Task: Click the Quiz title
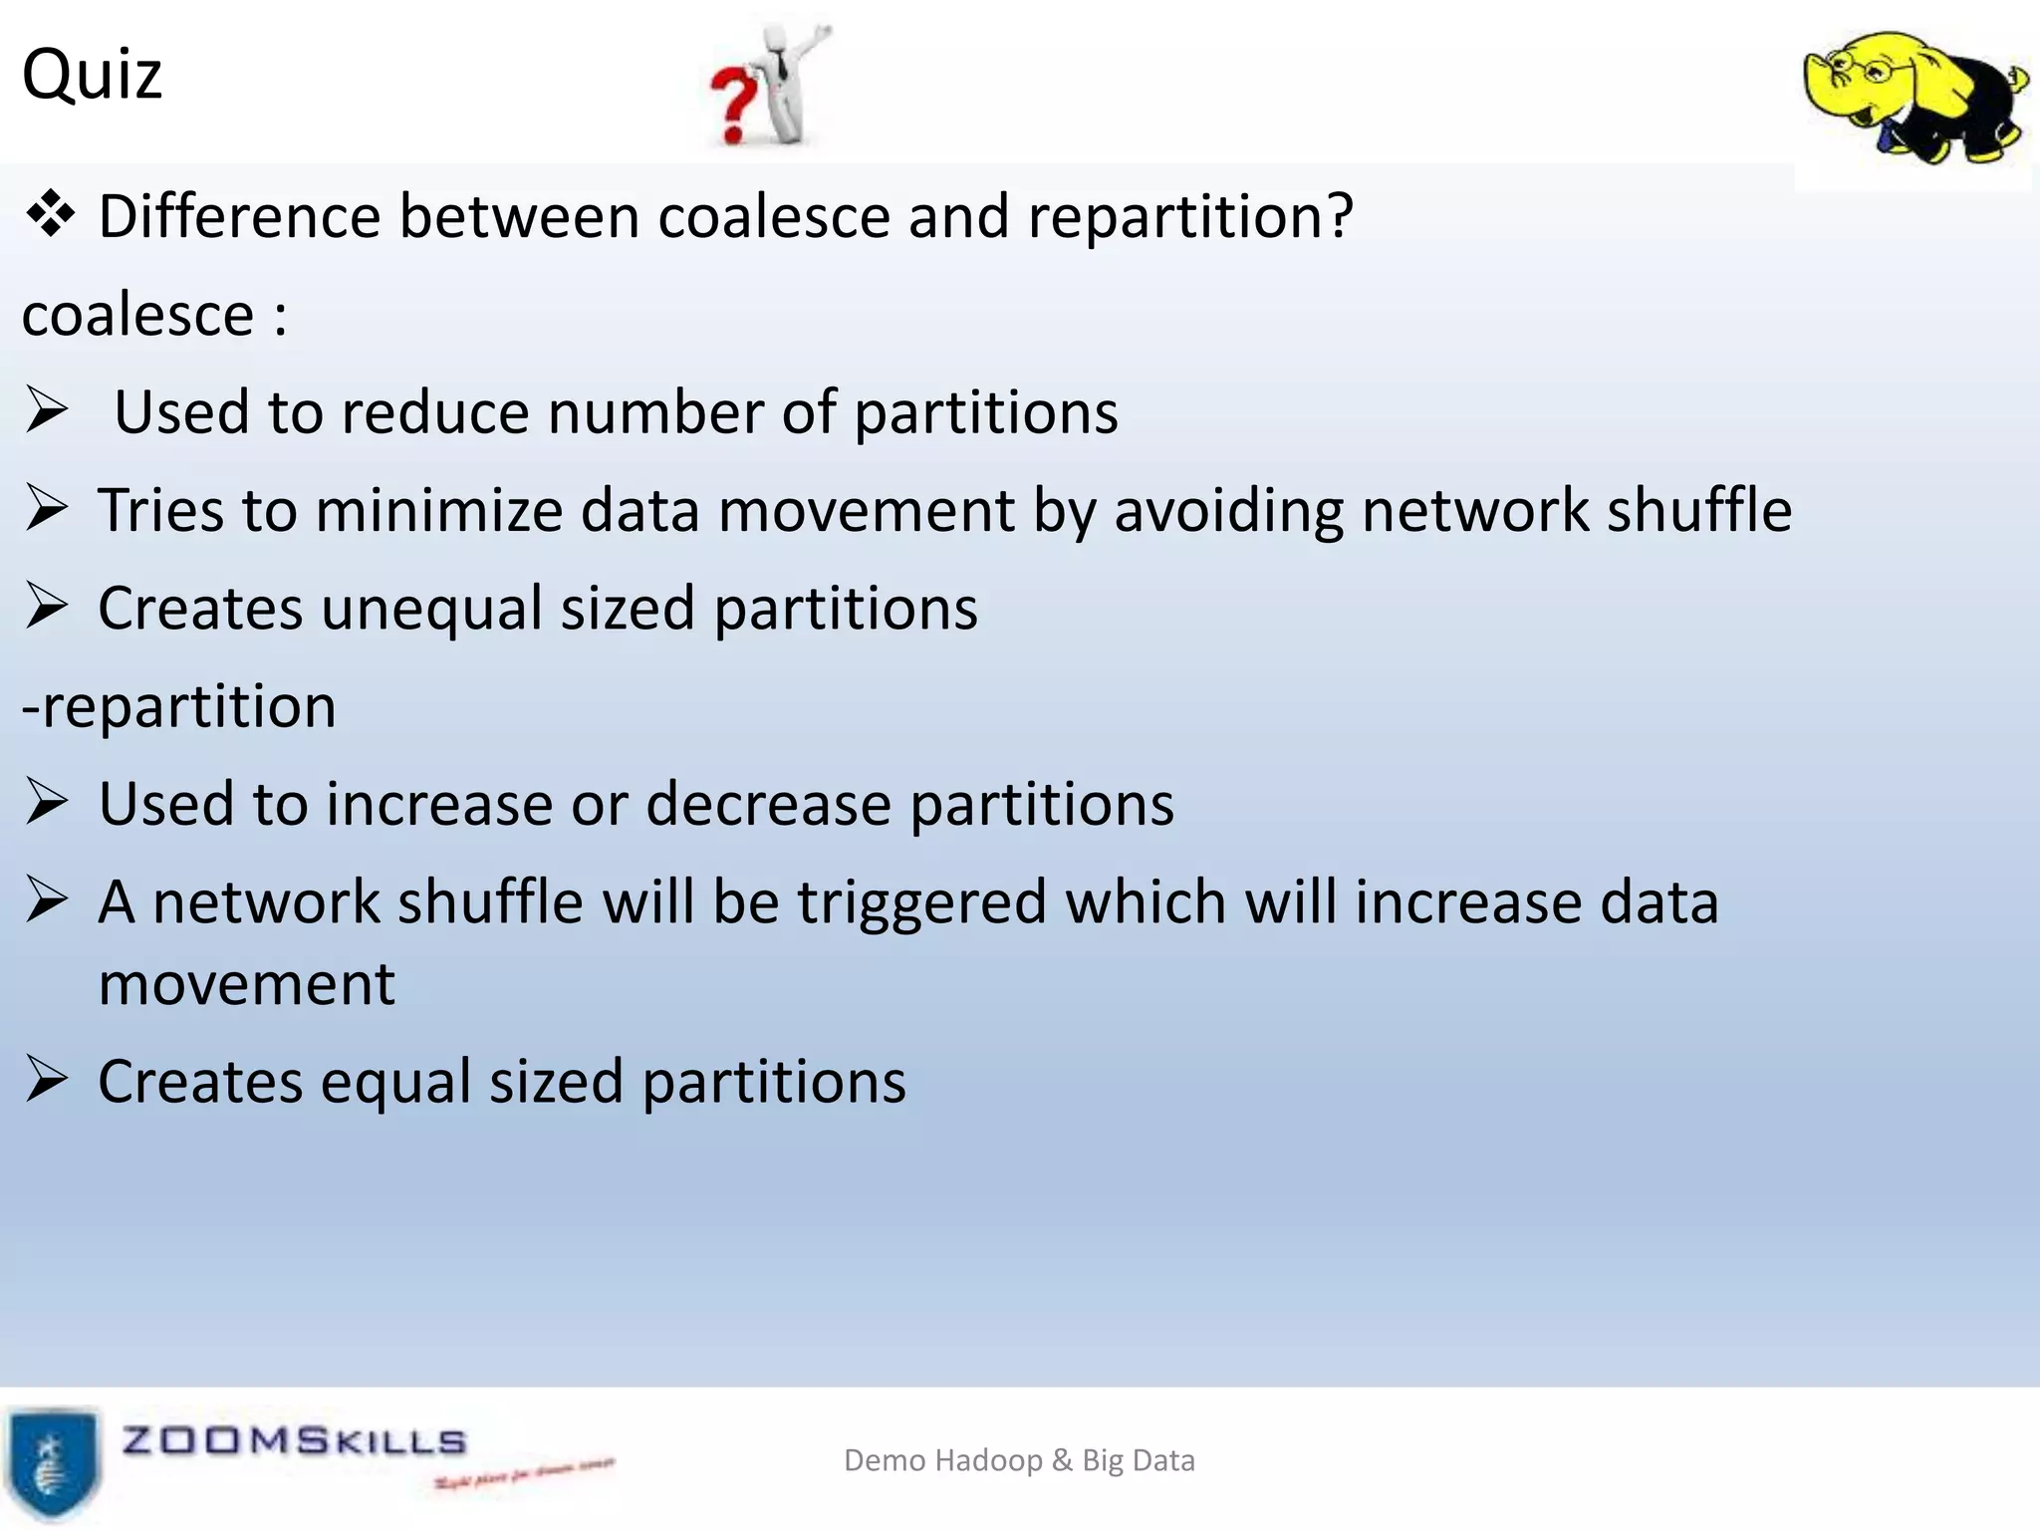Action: click(x=92, y=75)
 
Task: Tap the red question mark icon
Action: click(x=734, y=110)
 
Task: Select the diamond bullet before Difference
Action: click(x=50, y=214)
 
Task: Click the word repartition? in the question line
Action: click(x=1190, y=216)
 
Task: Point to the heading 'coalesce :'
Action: click(x=154, y=316)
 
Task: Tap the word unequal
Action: click(x=430, y=609)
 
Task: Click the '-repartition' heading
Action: click(x=179, y=706)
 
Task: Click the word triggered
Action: click(x=921, y=903)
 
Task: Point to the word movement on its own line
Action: click(x=247, y=984)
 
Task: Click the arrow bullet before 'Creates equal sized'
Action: click(x=47, y=1080)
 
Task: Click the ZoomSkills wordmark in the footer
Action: click(x=294, y=1441)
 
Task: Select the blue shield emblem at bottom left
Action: click(x=53, y=1461)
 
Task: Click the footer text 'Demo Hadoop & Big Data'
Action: click(x=1019, y=1460)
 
